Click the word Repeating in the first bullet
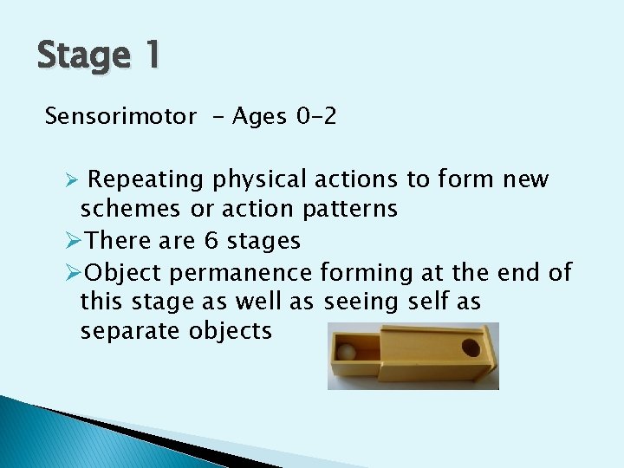click(x=146, y=180)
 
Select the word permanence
click(x=241, y=273)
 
